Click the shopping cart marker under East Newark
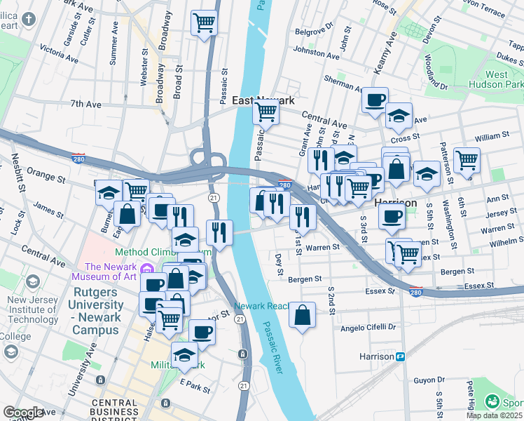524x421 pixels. click(x=266, y=110)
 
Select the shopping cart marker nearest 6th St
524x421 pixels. click(x=466, y=159)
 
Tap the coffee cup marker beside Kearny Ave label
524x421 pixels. click(x=375, y=99)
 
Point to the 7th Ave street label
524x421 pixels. click(x=86, y=104)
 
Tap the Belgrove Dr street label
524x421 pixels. click(x=313, y=32)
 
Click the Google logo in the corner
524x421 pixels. click(x=23, y=413)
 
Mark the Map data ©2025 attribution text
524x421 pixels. click(x=494, y=415)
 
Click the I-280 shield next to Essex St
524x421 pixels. click(x=416, y=291)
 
